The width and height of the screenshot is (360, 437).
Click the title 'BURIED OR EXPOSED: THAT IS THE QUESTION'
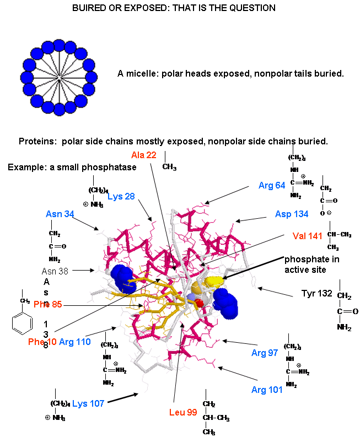click(x=174, y=8)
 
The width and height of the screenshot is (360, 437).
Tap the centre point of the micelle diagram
click(x=59, y=81)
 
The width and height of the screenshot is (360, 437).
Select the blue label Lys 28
click(x=121, y=197)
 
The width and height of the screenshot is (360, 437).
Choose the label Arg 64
click(x=272, y=185)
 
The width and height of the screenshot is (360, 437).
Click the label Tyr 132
click(x=317, y=293)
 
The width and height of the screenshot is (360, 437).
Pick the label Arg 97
click(x=265, y=353)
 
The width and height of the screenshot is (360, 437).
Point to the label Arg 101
click(x=267, y=390)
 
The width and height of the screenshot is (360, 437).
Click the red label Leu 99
click(x=183, y=412)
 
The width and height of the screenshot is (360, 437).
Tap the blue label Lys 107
click(x=88, y=403)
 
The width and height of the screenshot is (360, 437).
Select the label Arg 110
click(x=74, y=342)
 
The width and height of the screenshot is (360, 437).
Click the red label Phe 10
click(x=41, y=342)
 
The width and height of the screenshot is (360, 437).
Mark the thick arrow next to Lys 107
click(x=123, y=398)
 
